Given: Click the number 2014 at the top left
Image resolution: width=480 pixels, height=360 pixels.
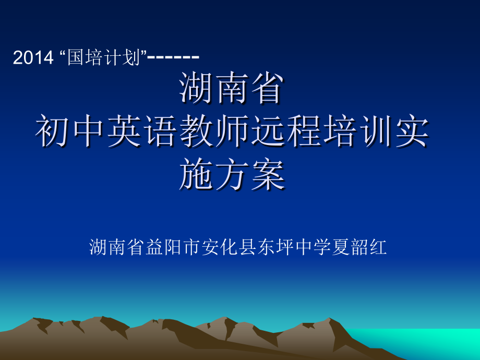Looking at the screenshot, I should pos(33,58).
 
